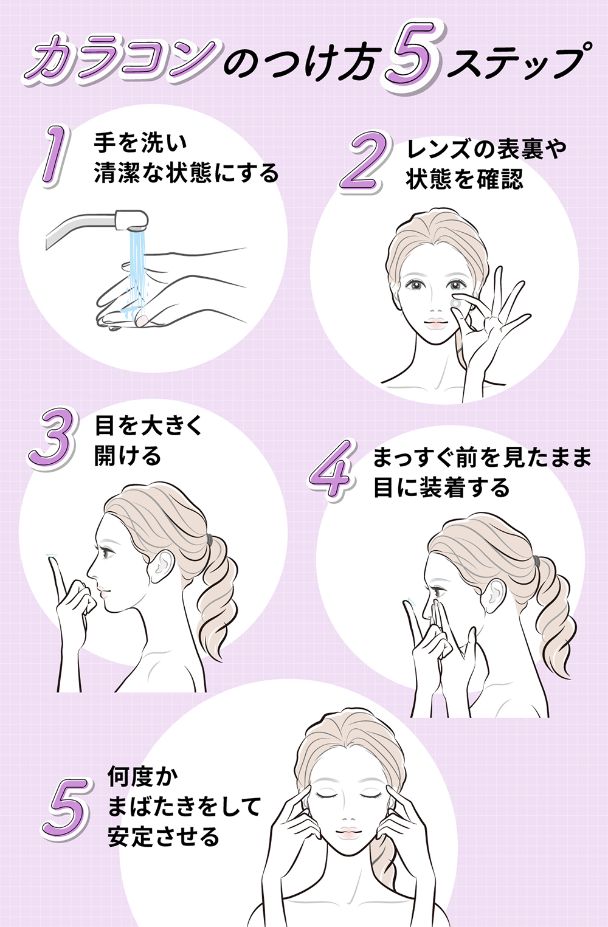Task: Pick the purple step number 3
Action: click(54, 439)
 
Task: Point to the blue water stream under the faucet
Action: click(136, 267)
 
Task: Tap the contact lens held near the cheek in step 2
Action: click(455, 303)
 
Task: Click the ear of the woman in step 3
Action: click(161, 565)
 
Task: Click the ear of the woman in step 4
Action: click(493, 594)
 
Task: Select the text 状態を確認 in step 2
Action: click(465, 179)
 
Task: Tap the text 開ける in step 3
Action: click(128, 455)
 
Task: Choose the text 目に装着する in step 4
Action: click(441, 488)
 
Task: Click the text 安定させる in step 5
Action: click(164, 837)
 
